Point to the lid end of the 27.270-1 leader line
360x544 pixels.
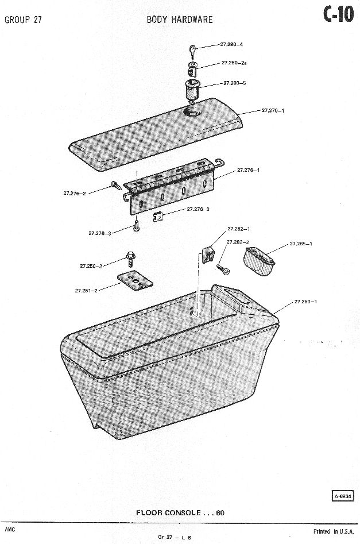coord(238,114)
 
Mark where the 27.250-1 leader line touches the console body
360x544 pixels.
coord(273,315)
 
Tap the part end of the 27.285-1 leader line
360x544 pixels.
coord(266,254)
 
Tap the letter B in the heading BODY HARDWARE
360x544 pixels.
coord(149,20)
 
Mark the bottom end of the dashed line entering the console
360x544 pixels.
coord(196,315)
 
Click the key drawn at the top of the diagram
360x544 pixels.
coord(193,52)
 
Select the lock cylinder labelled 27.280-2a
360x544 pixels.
coord(192,69)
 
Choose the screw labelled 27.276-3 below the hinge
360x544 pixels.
coord(136,226)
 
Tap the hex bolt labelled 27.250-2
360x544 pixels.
coord(131,259)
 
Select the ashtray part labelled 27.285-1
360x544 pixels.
coord(260,261)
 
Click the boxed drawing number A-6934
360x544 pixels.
coord(343,496)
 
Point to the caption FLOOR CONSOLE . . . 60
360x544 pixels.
coord(180,513)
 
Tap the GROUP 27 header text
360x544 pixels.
coord(23,20)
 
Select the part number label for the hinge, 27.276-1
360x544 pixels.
coord(248,171)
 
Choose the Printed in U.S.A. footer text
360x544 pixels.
coord(334,531)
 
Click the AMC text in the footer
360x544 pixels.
coord(10,530)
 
